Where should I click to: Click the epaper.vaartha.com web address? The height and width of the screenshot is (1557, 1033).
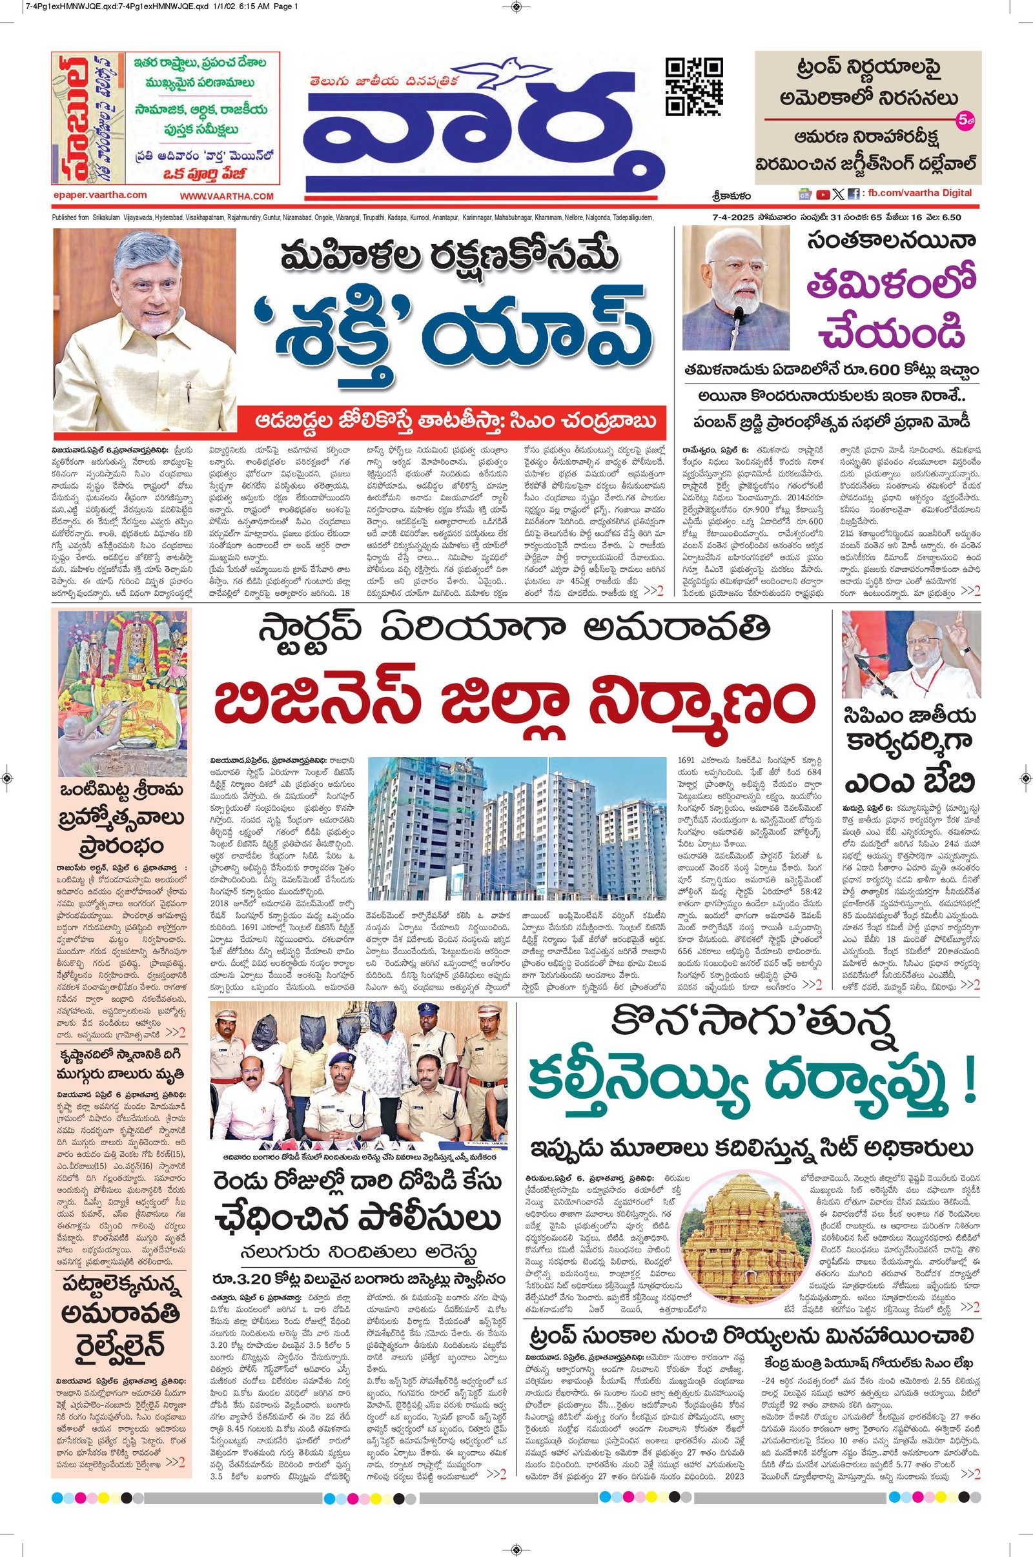point(99,195)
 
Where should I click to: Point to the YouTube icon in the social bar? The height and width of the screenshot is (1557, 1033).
point(823,194)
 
